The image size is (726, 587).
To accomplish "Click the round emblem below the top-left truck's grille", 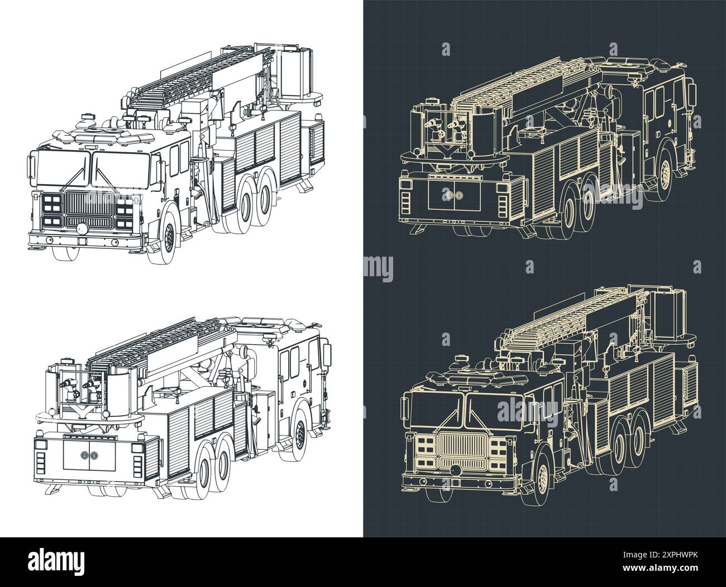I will tap(82, 229).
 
